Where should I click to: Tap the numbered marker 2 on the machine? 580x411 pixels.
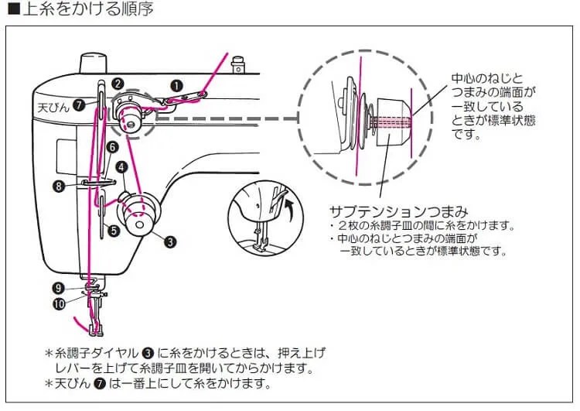point(117,83)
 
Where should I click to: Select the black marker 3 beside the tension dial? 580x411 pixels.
point(169,241)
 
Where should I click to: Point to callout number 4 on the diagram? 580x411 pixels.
point(122,166)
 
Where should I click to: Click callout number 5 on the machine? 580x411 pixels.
point(113,230)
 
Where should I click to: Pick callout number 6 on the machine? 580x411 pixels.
point(113,146)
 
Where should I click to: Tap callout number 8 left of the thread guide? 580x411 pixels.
point(60,185)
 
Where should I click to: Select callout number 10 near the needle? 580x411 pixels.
point(60,303)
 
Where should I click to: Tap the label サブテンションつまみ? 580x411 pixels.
point(399,211)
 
